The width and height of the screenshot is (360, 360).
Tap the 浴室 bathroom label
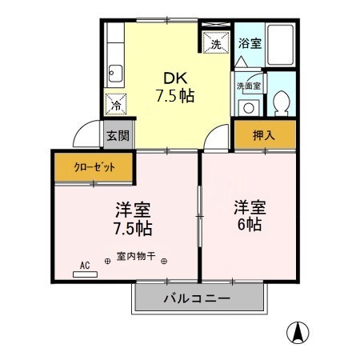250,44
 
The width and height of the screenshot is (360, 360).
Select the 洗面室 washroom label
248,86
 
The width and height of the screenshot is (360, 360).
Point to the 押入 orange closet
264,135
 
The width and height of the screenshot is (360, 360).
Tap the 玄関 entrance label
117,135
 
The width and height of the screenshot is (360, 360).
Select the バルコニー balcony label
198,298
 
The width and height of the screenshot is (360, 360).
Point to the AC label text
85,263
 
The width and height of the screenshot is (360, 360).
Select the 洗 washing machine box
215,45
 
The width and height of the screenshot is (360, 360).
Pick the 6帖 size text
249,225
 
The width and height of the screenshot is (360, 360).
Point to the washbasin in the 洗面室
249,106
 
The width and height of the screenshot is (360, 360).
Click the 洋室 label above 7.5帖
133,210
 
